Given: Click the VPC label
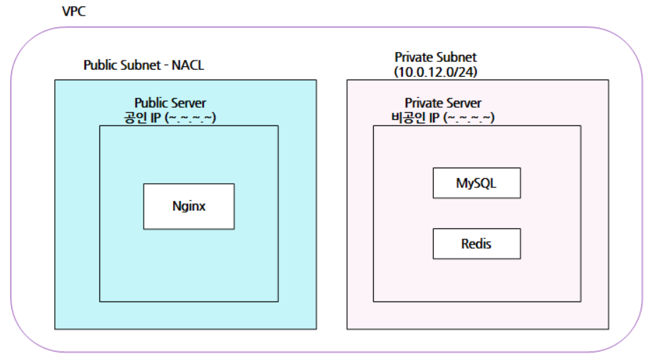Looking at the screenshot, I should pos(73,13).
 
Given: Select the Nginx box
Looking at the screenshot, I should pos(189,206).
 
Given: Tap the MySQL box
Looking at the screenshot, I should pos(476,183).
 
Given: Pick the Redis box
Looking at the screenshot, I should pos(476,244).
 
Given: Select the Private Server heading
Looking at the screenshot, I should pos(443,104).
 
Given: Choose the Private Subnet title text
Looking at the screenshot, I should pos(436,57).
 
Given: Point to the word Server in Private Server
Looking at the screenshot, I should pos(464,104).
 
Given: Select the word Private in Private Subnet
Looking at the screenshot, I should pos(413,57).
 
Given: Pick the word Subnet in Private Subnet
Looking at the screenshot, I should pos(456,57).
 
